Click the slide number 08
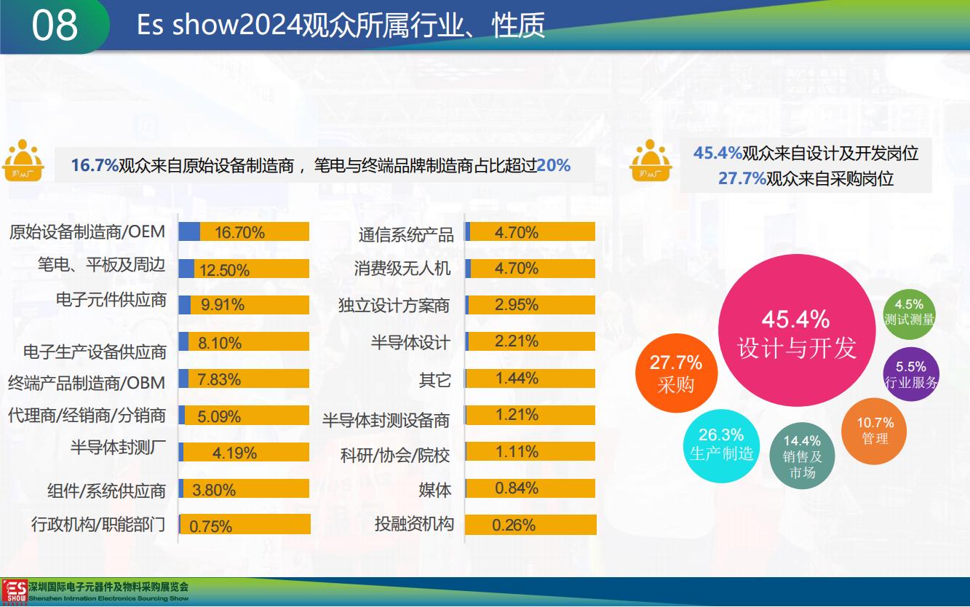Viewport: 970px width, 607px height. tap(55, 25)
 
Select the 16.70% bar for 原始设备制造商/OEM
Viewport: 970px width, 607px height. tap(244, 232)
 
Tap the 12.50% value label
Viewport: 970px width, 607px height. tap(224, 270)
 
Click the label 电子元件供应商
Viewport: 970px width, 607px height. tap(111, 300)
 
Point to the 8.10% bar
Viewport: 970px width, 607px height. tap(244, 342)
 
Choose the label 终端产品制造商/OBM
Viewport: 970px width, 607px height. tap(87, 382)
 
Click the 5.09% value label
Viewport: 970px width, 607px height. tap(219, 416)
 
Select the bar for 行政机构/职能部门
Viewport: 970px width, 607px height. tap(245, 525)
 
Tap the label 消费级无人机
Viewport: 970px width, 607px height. tap(402, 269)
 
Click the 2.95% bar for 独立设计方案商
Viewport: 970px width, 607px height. tap(530, 304)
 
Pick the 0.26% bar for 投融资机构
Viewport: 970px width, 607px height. tap(530, 525)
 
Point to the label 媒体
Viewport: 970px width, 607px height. tap(435, 490)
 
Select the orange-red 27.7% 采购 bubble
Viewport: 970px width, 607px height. tap(676, 373)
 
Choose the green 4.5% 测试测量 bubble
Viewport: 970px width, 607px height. tap(909, 312)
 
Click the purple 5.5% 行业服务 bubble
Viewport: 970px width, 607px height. tap(910, 374)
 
